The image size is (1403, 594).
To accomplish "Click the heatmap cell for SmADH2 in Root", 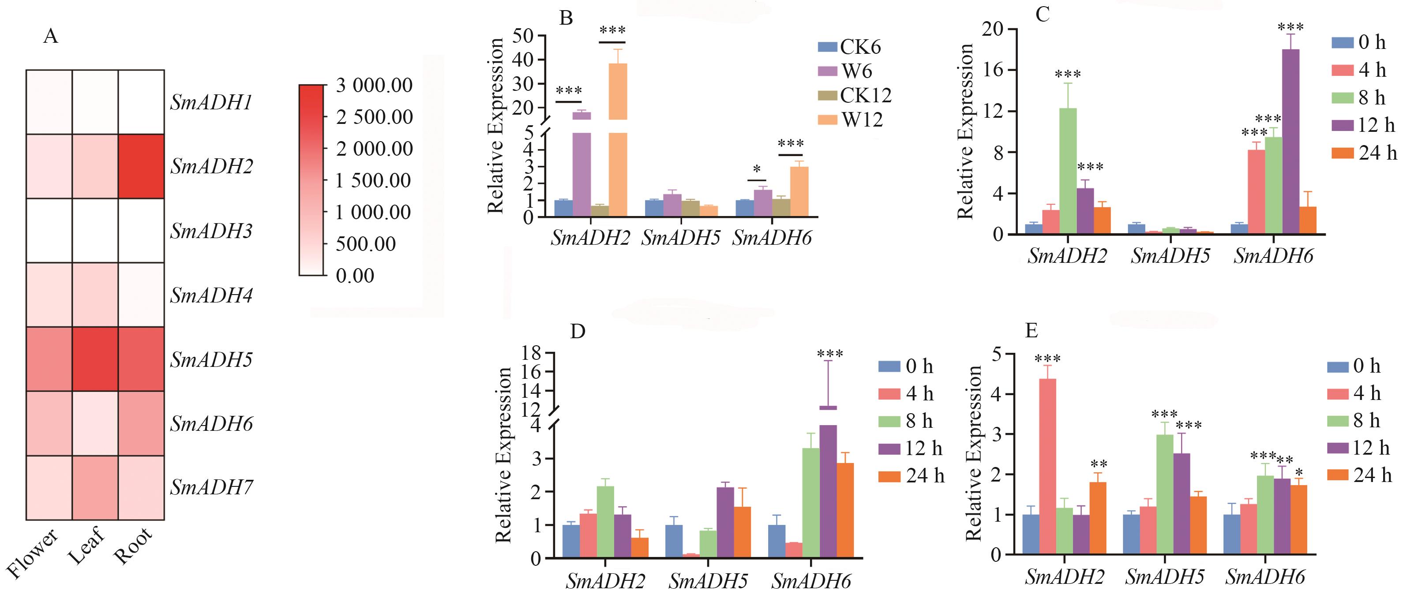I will point(141,166).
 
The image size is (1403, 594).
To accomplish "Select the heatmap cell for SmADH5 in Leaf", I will point(95,359).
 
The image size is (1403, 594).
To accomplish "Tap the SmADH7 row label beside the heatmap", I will point(211,487).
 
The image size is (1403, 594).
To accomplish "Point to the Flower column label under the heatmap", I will point(33,553).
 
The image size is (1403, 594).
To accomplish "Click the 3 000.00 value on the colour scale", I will point(374,86).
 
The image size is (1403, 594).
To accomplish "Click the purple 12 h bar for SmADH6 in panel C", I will point(1291,142).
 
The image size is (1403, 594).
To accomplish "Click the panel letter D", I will point(578,332).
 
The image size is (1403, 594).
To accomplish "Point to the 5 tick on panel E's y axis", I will point(996,355).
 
